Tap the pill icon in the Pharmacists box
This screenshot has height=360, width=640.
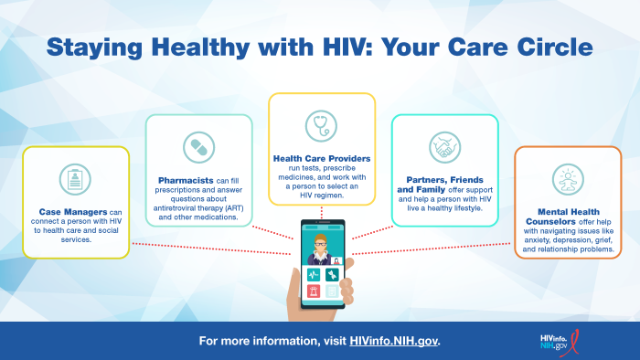tap(198, 146)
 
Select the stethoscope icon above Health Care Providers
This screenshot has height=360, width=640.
tap(322, 124)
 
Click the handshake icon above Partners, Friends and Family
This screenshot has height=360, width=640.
tap(445, 146)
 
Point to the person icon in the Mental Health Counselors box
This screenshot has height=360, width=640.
tap(568, 178)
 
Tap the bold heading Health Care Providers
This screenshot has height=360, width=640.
tap(321, 157)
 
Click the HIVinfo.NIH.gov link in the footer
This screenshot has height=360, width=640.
tap(394, 341)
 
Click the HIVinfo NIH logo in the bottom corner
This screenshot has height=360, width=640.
tap(560, 342)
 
